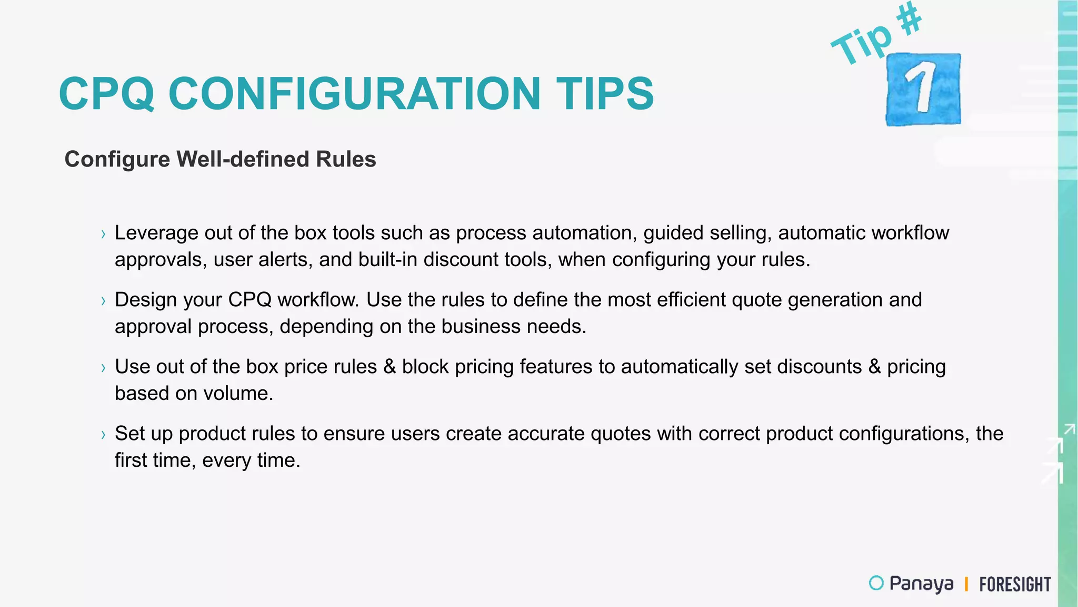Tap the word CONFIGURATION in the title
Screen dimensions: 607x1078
click(354, 94)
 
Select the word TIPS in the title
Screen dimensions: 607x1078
click(605, 94)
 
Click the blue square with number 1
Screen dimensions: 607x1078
click(923, 89)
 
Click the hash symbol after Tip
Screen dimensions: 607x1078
click(910, 19)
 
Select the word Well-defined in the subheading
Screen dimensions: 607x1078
click(243, 159)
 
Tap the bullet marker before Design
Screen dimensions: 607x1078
click(103, 301)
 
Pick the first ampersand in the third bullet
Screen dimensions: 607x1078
click(390, 367)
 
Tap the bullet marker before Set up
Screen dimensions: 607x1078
click(103, 435)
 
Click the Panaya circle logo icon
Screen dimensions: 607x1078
click(876, 583)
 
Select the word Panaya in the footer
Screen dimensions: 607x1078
click(921, 584)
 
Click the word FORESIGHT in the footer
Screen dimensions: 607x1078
click(1014, 584)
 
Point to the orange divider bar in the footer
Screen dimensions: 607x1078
click(966, 584)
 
